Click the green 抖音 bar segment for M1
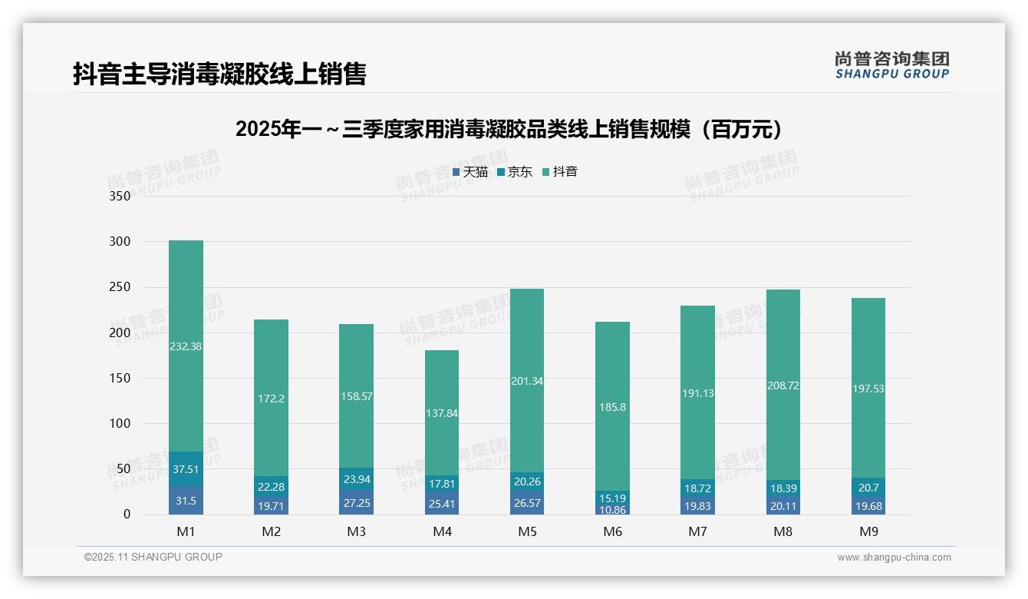186,346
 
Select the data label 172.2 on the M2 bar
271,399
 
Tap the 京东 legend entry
515,172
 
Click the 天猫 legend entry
470,172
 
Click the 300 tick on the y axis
120,242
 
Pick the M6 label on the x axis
612,531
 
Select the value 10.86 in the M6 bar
612,510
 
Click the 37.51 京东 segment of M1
186,468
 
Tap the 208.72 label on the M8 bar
783,386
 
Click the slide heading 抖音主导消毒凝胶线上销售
219,74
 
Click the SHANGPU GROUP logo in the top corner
891,65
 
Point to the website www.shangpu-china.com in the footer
894,558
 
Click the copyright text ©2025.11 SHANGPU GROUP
153,557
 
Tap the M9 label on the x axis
868,531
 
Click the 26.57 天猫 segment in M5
526,502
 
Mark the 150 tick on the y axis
120,378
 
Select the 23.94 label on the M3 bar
356,479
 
